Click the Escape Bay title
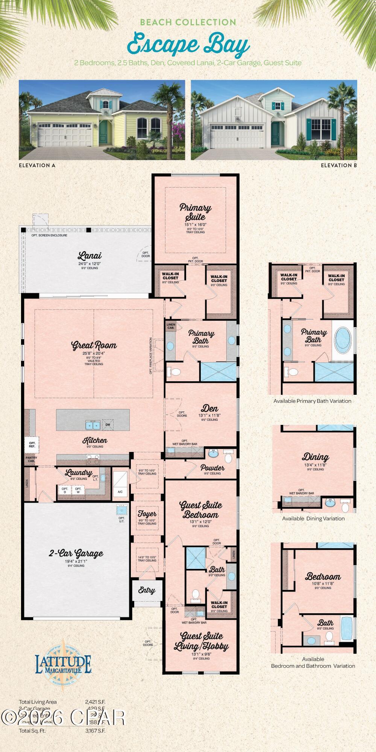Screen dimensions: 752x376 pyautogui.click(x=188, y=45)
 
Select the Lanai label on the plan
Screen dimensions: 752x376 pyautogui.click(x=89, y=256)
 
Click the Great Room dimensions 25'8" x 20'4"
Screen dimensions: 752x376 pyautogui.click(x=94, y=353)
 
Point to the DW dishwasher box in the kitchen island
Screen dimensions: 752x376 pyautogui.click(x=108, y=425)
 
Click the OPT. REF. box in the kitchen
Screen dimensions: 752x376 pyautogui.click(x=32, y=444)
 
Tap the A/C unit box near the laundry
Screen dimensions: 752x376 pyautogui.click(x=120, y=491)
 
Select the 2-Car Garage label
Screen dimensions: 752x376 pyautogui.click(x=76, y=553)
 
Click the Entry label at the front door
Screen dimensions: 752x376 pyautogui.click(x=147, y=590)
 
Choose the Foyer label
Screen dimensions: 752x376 pyautogui.click(x=147, y=514)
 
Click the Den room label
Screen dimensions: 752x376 pyautogui.click(x=209, y=408)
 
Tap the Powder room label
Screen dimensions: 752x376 pyautogui.click(x=212, y=468)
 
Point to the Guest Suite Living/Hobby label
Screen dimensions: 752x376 pyautogui.click(x=201, y=641)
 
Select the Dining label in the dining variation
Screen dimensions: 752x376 pyautogui.click(x=315, y=457)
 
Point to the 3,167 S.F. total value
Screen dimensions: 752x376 pyautogui.click(x=95, y=731)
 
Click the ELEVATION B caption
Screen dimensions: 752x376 pyautogui.click(x=338, y=165)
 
